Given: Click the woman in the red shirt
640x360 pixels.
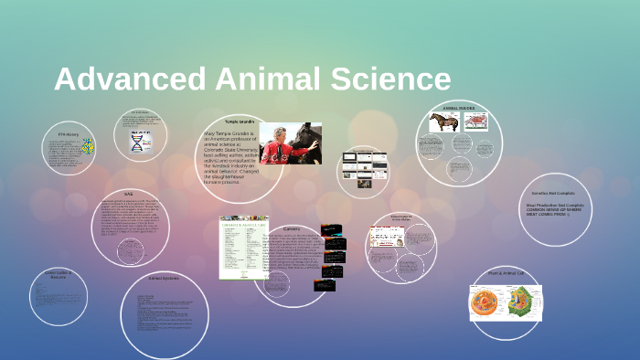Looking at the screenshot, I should tap(281, 143).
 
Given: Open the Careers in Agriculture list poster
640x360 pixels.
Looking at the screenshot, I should tap(243, 248).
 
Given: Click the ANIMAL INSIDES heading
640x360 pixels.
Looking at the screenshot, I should tap(460, 108).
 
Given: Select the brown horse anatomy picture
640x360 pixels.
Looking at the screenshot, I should tap(444, 122).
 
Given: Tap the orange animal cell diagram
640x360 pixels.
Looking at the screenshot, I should tap(487, 302).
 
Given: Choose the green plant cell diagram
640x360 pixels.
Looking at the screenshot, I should tap(524, 302).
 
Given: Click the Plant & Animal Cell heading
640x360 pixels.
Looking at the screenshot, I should tap(506, 273).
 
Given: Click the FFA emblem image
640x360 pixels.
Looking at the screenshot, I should tap(88, 146).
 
